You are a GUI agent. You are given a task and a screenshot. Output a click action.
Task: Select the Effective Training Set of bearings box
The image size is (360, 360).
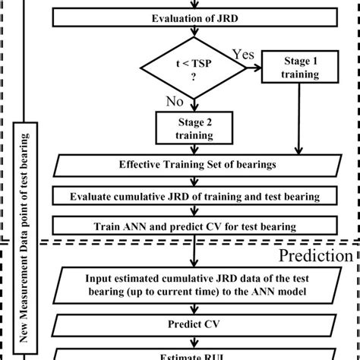click(196, 165)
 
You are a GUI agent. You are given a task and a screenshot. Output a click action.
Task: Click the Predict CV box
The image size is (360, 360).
click(196, 324)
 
